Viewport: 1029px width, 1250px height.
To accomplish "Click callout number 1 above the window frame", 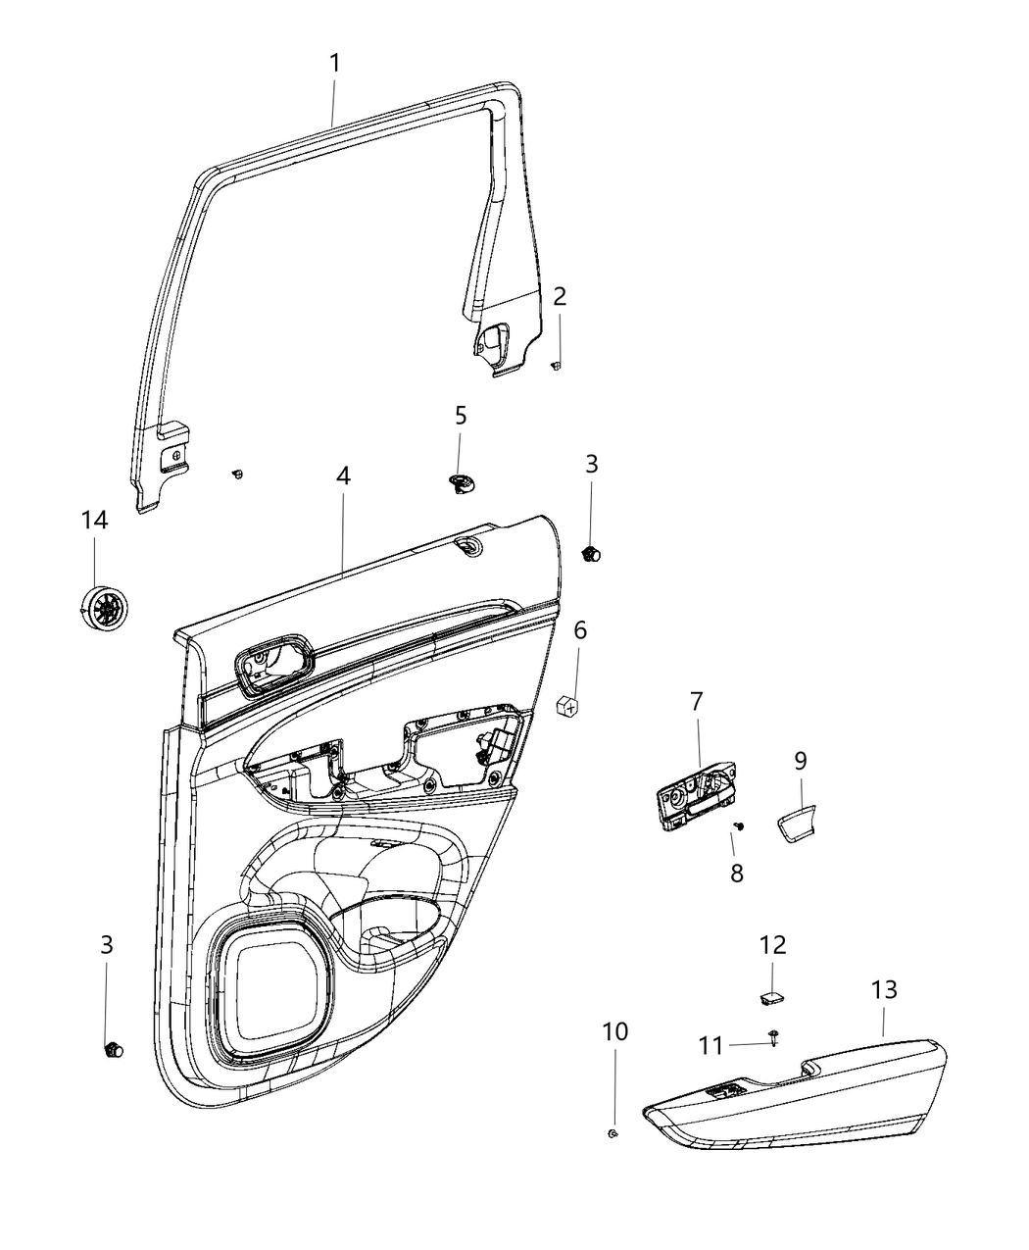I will click(x=334, y=64).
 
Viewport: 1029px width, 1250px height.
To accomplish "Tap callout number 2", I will click(x=560, y=297).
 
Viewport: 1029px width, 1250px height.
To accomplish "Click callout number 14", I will click(x=94, y=521).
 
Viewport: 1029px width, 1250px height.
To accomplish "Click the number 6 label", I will click(x=580, y=630).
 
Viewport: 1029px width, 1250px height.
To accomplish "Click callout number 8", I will click(x=736, y=873).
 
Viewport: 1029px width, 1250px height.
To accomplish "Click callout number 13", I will click(x=884, y=990).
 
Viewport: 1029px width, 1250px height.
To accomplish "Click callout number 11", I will click(x=711, y=1047).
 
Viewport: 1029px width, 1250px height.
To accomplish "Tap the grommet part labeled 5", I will click(x=462, y=482).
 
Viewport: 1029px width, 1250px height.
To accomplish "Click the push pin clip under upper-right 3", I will click(x=591, y=555).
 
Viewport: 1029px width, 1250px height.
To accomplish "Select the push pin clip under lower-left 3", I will click(x=113, y=1050).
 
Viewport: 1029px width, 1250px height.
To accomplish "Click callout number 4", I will click(x=343, y=476).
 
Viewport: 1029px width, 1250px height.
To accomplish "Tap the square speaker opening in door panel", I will click(x=269, y=990).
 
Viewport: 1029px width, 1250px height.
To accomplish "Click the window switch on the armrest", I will click(x=726, y=1091).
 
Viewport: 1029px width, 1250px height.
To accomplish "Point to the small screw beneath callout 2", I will click(x=556, y=365).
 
